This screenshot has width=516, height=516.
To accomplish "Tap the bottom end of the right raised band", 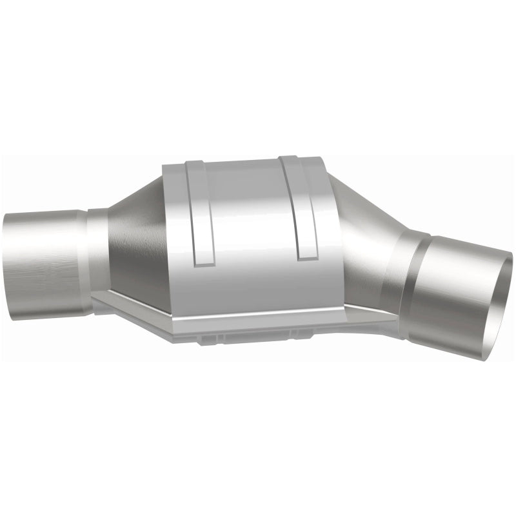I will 308,256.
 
